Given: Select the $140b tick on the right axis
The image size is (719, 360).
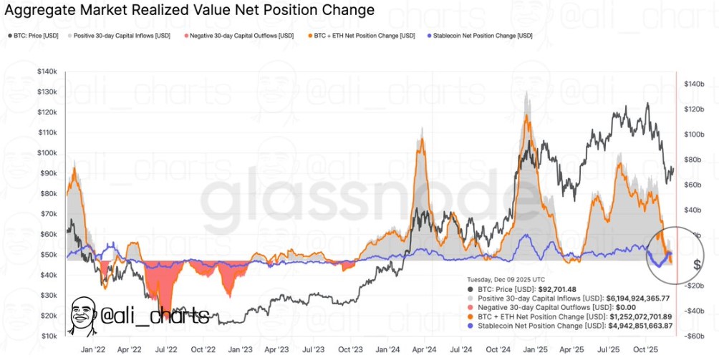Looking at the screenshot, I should (x=695, y=84).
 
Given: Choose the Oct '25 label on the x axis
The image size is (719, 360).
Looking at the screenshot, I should (x=647, y=351).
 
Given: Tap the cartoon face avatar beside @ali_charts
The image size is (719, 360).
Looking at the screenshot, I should (x=83, y=314).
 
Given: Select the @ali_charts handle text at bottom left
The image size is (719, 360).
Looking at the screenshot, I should (x=155, y=316).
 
